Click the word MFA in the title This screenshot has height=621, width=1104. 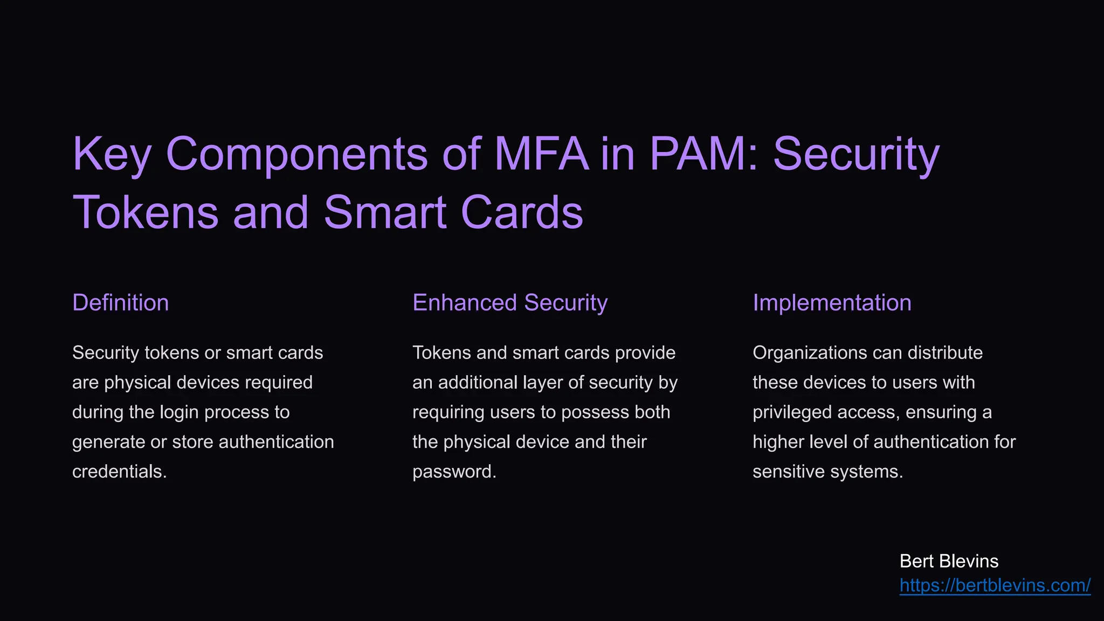pyautogui.click(x=541, y=154)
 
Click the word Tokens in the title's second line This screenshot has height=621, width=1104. pyautogui.click(x=146, y=212)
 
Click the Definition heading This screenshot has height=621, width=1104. pyautogui.click(x=120, y=303)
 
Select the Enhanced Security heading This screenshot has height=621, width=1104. pyautogui.click(x=509, y=303)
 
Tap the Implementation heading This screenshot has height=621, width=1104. pyautogui.click(x=832, y=303)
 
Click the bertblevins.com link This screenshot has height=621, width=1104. pyautogui.click(x=995, y=585)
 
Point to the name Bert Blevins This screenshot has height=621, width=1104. pyautogui.click(x=949, y=561)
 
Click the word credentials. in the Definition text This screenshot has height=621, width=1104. pyautogui.click(x=119, y=472)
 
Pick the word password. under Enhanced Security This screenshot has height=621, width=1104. pyautogui.click(x=454, y=472)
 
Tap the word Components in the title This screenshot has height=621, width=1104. pyautogui.click(x=296, y=154)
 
